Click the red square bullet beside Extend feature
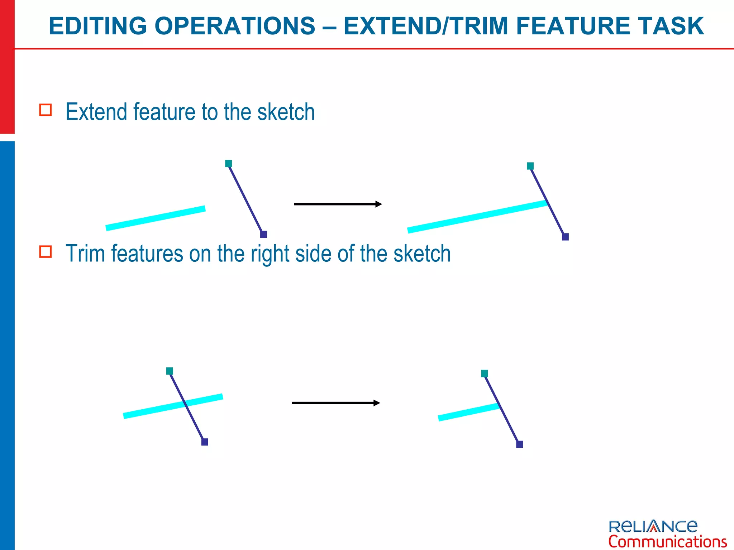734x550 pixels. pos(46,110)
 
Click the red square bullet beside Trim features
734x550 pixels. pos(46,252)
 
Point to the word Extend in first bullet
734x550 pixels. pos(96,112)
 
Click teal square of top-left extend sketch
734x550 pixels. pos(229,164)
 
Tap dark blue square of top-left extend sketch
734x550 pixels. pos(263,235)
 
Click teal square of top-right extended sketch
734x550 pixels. pos(530,166)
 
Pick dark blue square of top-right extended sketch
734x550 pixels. pos(565,237)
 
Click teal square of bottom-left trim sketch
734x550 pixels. pos(170,371)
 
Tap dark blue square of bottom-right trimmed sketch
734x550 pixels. pos(519,444)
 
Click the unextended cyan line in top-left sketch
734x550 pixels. pos(156,218)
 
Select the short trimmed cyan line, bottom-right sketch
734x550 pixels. pos(468,412)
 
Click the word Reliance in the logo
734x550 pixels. pos(653,526)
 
